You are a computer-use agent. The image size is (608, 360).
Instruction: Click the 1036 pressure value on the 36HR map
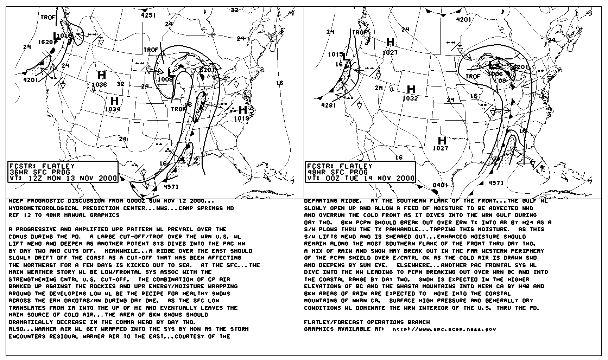click(x=99, y=84)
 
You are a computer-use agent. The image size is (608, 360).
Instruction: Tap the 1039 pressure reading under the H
click(x=113, y=109)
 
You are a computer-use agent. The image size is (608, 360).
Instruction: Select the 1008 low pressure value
click(x=165, y=79)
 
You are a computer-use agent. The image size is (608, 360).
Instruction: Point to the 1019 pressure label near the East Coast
click(x=241, y=118)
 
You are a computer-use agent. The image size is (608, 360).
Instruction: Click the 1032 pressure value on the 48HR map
click(x=410, y=98)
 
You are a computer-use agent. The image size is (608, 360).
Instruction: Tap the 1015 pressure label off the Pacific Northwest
click(x=335, y=54)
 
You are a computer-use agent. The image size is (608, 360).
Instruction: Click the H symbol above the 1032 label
click(x=411, y=89)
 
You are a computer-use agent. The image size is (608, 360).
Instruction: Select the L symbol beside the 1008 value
click(x=171, y=73)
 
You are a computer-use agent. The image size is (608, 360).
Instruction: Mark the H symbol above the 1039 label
click(x=114, y=101)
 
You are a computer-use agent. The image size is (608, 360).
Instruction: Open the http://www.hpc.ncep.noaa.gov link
click(x=444, y=329)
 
